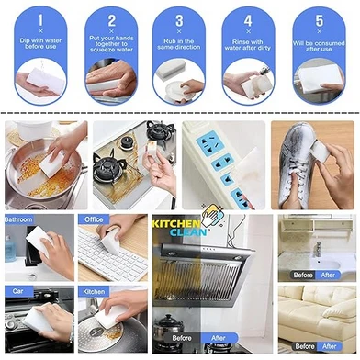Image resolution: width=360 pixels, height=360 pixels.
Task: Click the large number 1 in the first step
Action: tap(40, 20)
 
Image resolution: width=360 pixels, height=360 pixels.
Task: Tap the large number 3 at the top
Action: tap(179, 20)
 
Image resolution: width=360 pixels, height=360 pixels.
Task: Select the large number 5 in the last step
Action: tap(320, 20)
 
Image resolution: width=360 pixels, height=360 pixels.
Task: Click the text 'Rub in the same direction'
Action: tap(179, 44)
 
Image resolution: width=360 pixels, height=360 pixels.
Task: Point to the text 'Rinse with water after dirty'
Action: tap(248, 45)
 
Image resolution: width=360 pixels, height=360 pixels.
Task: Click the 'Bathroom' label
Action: tap(18, 219)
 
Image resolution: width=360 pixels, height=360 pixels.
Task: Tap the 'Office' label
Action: tap(94, 219)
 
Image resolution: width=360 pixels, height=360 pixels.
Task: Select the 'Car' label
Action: tap(18, 291)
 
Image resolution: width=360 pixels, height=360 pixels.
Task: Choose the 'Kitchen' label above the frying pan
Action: tap(94, 292)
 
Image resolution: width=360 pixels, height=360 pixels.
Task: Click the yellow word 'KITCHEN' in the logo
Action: tap(176, 224)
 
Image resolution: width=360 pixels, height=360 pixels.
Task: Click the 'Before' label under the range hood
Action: tap(182, 338)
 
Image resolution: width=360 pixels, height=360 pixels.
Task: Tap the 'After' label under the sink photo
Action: tap(328, 275)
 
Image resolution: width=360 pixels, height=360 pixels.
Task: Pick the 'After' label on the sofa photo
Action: tap(330, 346)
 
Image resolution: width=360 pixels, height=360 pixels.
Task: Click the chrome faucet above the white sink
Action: tap(318, 249)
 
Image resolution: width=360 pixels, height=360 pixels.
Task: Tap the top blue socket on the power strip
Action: tap(209, 143)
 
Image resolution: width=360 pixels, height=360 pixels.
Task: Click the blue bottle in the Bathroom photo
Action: tap(10, 249)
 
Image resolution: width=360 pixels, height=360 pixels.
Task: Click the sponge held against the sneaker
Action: tap(319, 151)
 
